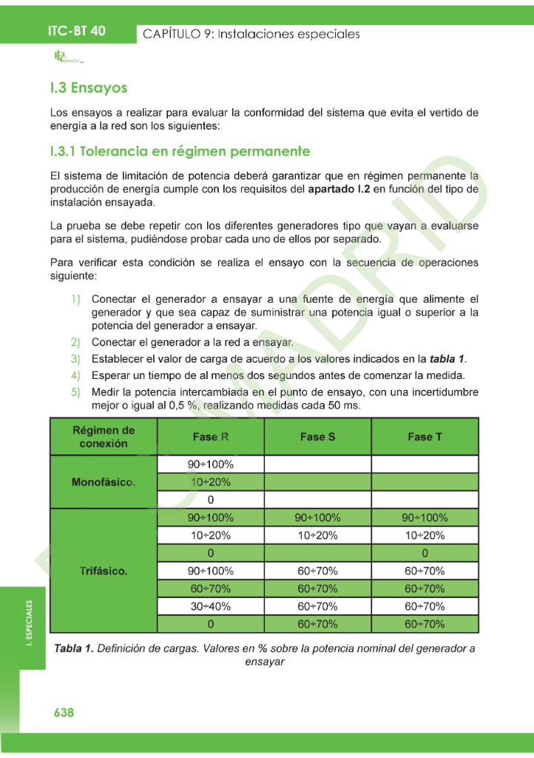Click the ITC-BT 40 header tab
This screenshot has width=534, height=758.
coord(76,31)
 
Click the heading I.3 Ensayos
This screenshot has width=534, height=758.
coord(89,88)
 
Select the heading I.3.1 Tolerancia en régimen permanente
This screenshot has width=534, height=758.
coord(180,152)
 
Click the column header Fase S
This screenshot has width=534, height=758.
coord(317,437)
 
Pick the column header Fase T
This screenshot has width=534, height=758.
coord(425,437)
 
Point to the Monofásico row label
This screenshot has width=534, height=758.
coord(104,482)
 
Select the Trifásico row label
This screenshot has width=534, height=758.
coord(104,571)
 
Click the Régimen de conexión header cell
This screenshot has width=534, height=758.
coord(104,437)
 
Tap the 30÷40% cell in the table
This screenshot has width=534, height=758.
coord(211,606)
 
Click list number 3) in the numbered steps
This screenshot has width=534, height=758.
coord(75,359)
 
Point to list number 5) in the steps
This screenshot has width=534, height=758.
coord(75,392)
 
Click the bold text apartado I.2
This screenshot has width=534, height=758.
coord(340,189)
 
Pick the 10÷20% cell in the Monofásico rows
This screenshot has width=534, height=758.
coord(211,482)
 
